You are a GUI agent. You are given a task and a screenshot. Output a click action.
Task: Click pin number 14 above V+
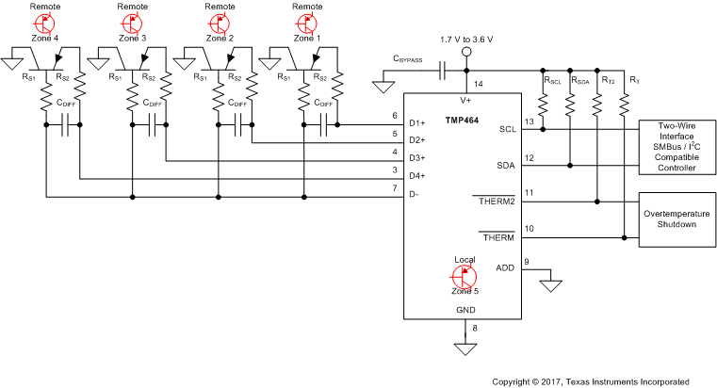pyautogui.click(x=477, y=86)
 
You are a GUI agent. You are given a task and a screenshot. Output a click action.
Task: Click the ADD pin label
pyautogui.click(x=505, y=268)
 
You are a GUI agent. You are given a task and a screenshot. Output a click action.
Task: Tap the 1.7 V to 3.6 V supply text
pyautogui.click(x=466, y=40)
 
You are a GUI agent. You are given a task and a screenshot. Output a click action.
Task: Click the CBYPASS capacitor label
pyautogui.click(x=412, y=58)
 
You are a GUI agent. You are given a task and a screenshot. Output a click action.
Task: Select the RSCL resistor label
pyautogui.click(x=553, y=81)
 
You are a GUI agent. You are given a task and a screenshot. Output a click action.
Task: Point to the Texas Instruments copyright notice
pyautogui.click(x=590, y=381)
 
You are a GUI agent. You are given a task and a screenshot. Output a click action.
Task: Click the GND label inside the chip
pyautogui.click(x=464, y=308)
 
